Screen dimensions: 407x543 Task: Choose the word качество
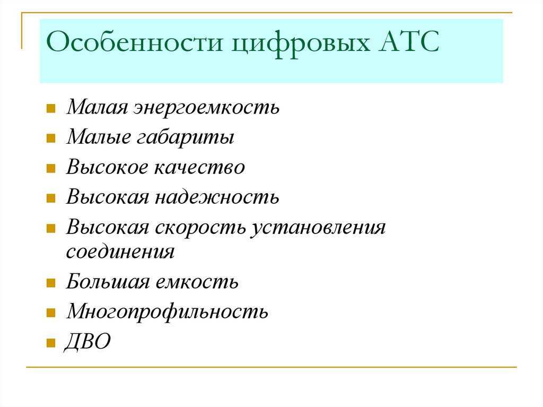[200, 168]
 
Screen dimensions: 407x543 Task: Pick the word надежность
[217, 197]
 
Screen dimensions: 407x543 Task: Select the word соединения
[120, 251]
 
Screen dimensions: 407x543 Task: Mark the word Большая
[108, 281]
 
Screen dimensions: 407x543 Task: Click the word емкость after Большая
[197, 281]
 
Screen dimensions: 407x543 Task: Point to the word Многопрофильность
[167, 311]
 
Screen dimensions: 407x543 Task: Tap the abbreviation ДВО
[88, 341]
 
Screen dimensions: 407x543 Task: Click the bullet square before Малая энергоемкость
[51, 110]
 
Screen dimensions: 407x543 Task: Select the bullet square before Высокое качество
[51, 169]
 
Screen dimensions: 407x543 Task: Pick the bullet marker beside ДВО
[51, 343]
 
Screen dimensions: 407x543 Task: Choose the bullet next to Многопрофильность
[51, 313]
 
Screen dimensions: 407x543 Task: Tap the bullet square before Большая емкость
[51, 283]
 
